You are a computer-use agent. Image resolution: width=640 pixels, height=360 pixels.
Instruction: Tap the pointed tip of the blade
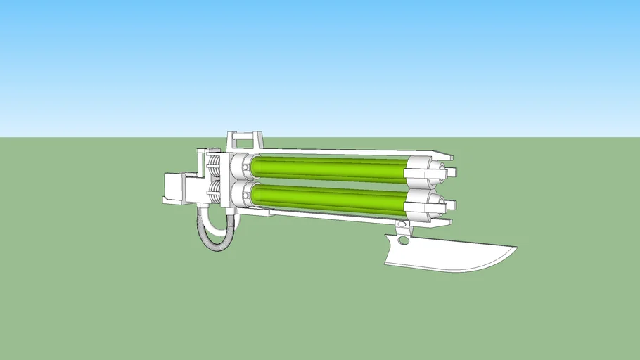coord(516,247)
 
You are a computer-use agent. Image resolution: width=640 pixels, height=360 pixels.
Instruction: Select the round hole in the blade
coord(402,240)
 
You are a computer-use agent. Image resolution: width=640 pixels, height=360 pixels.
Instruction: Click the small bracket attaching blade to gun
coord(403,227)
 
